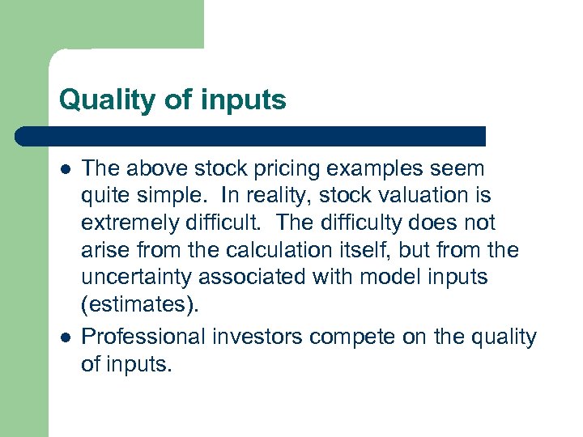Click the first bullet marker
pyautogui.click(x=65, y=169)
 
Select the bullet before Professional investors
pyautogui.click(x=65, y=336)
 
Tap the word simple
pyautogui.click(x=169, y=196)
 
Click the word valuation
pyautogui.click(x=427, y=196)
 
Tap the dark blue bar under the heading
pyautogui.click(x=251, y=135)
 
